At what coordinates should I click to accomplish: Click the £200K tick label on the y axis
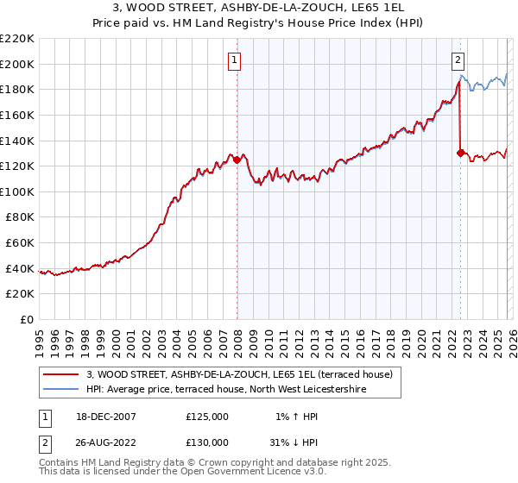17,64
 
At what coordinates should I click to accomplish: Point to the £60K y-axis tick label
20,243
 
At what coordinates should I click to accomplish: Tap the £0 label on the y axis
28,320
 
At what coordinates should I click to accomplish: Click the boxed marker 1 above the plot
235,60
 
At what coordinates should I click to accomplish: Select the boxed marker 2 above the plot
458,60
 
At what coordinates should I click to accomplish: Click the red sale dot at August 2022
460,154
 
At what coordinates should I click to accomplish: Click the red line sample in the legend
61,374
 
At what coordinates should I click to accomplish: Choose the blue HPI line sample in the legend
61,389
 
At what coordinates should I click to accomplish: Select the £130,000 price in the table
206,442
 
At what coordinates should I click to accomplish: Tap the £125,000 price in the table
206,417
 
